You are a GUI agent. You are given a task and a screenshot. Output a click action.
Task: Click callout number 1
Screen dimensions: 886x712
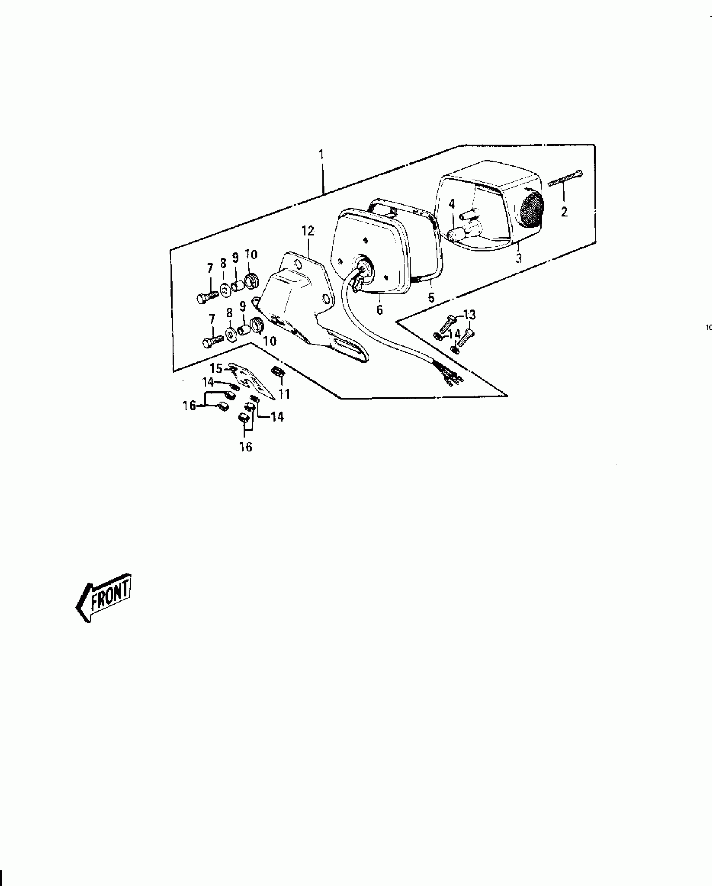[321, 155]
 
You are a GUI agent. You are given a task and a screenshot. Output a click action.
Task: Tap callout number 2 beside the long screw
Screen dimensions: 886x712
[564, 212]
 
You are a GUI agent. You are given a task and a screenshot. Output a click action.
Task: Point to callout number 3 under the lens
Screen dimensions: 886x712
[519, 258]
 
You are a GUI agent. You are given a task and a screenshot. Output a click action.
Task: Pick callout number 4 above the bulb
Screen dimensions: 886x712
[451, 204]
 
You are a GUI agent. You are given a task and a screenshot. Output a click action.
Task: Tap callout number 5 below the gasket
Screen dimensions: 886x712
[431, 298]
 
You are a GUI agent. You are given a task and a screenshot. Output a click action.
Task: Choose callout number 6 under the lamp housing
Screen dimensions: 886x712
[379, 310]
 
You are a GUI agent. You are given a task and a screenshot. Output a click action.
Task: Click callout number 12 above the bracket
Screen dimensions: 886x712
[308, 231]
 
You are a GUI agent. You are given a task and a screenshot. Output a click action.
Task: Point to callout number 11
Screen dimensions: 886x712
[284, 394]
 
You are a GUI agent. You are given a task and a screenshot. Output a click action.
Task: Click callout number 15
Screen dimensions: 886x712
[216, 368]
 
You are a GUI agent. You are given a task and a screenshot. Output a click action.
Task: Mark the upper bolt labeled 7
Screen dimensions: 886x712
[207, 297]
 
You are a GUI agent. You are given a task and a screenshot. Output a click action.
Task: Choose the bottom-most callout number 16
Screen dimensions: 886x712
[246, 447]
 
